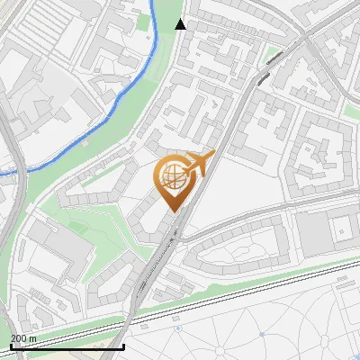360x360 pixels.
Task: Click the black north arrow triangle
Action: point(181,24)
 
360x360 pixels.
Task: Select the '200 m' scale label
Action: point(23,338)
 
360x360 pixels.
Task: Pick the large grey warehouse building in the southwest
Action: point(58,247)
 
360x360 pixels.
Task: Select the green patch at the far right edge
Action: point(351,109)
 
